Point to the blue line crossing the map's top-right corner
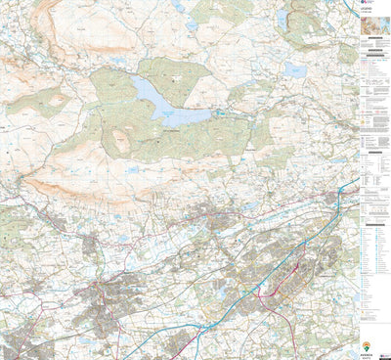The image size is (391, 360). click(350, 8)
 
